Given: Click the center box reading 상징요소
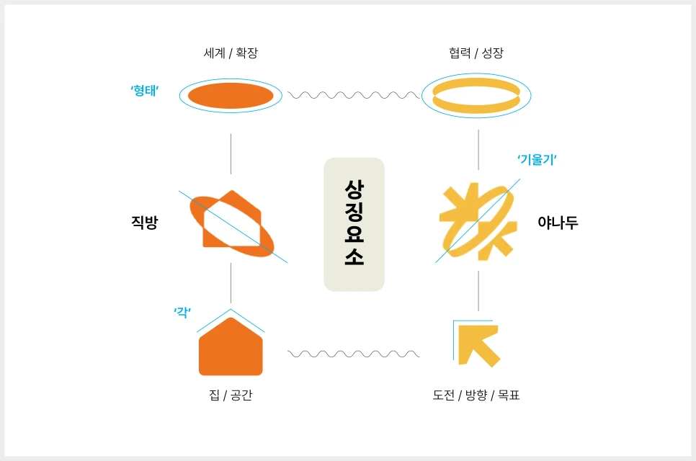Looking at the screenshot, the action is coord(354,224).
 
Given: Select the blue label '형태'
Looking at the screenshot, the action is coord(144,91).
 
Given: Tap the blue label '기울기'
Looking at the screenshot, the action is coord(537,160).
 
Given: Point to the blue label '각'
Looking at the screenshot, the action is coord(182,311).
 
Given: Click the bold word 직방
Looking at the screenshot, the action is coord(144,223).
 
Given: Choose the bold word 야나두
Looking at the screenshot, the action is coord(558,223).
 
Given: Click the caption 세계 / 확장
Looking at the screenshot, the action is coord(231,53).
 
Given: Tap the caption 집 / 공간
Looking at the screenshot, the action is coord(230,395).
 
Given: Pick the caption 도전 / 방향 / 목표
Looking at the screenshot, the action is coord(476,395).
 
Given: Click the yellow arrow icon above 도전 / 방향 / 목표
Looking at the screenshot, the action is coord(477,344).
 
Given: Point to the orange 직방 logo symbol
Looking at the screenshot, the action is coord(230,223).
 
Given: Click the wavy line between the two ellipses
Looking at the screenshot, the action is coord(353,94).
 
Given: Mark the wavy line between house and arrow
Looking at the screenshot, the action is coord(353,354).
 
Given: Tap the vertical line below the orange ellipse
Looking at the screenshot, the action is coord(231,153).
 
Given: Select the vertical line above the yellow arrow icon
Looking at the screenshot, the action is coord(478,291).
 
